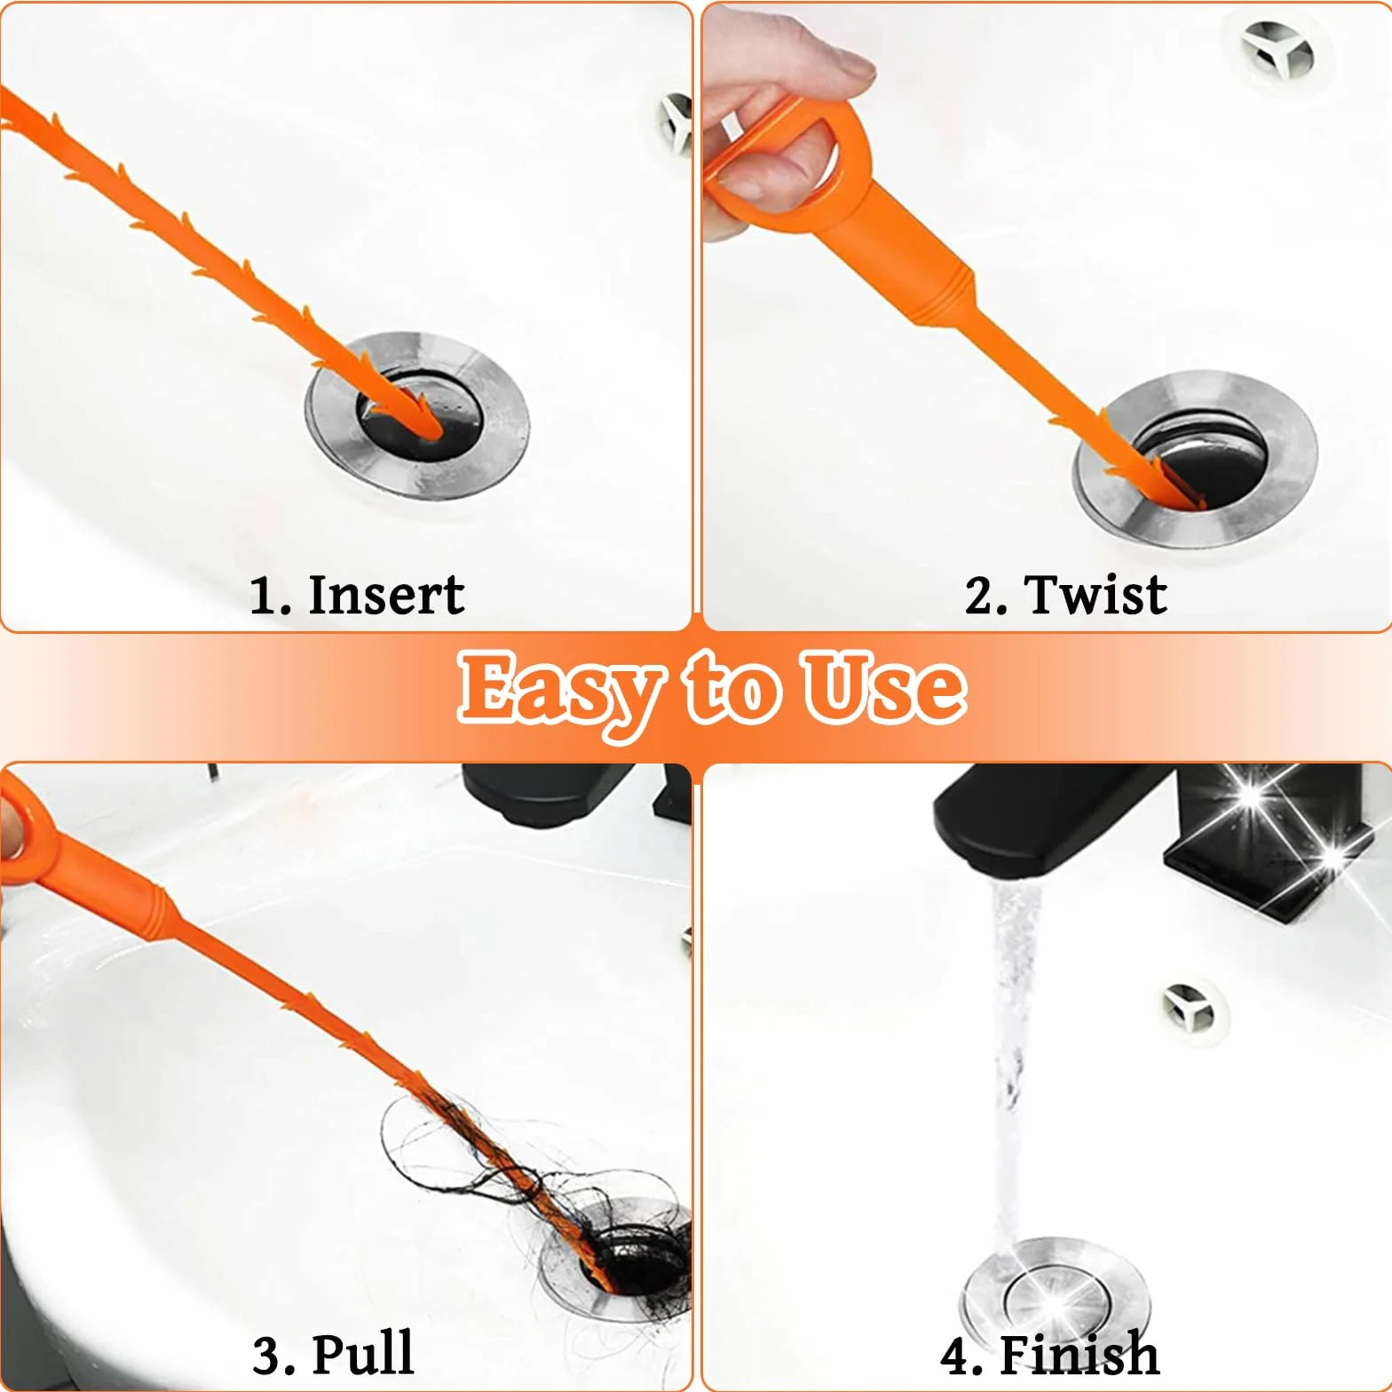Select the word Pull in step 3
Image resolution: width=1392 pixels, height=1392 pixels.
[363, 1354]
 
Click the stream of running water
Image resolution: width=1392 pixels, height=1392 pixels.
[1012, 1065]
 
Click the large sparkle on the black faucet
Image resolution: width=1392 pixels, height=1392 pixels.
[1252, 795]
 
